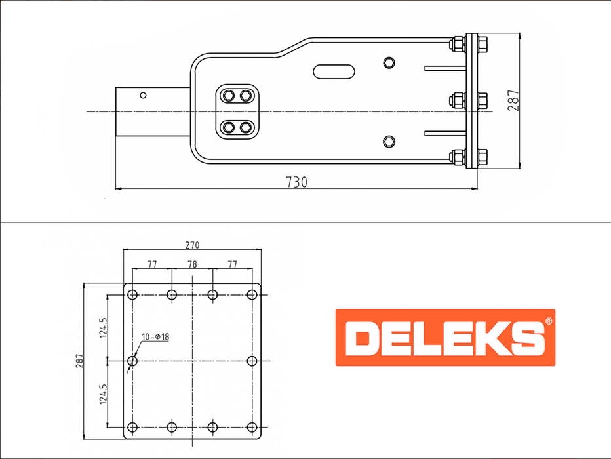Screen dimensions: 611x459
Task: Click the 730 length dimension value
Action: [x=296, y=182]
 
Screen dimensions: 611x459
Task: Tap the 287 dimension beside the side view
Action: [x=513, y=100]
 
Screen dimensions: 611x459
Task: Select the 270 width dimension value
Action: [x=192, y=245]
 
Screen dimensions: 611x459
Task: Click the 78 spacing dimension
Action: [x=192, y=264]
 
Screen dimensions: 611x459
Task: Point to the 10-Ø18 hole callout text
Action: [x=155, y=336]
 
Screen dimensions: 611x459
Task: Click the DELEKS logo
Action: [x=445, y=338]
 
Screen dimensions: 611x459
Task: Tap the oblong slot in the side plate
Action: [x=334, y=71]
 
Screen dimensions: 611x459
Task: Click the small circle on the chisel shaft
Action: [x=143, y=96]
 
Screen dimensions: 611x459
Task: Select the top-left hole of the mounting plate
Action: [x=132, y=294]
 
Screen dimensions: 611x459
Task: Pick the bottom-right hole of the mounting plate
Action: [x=252, y=427]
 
